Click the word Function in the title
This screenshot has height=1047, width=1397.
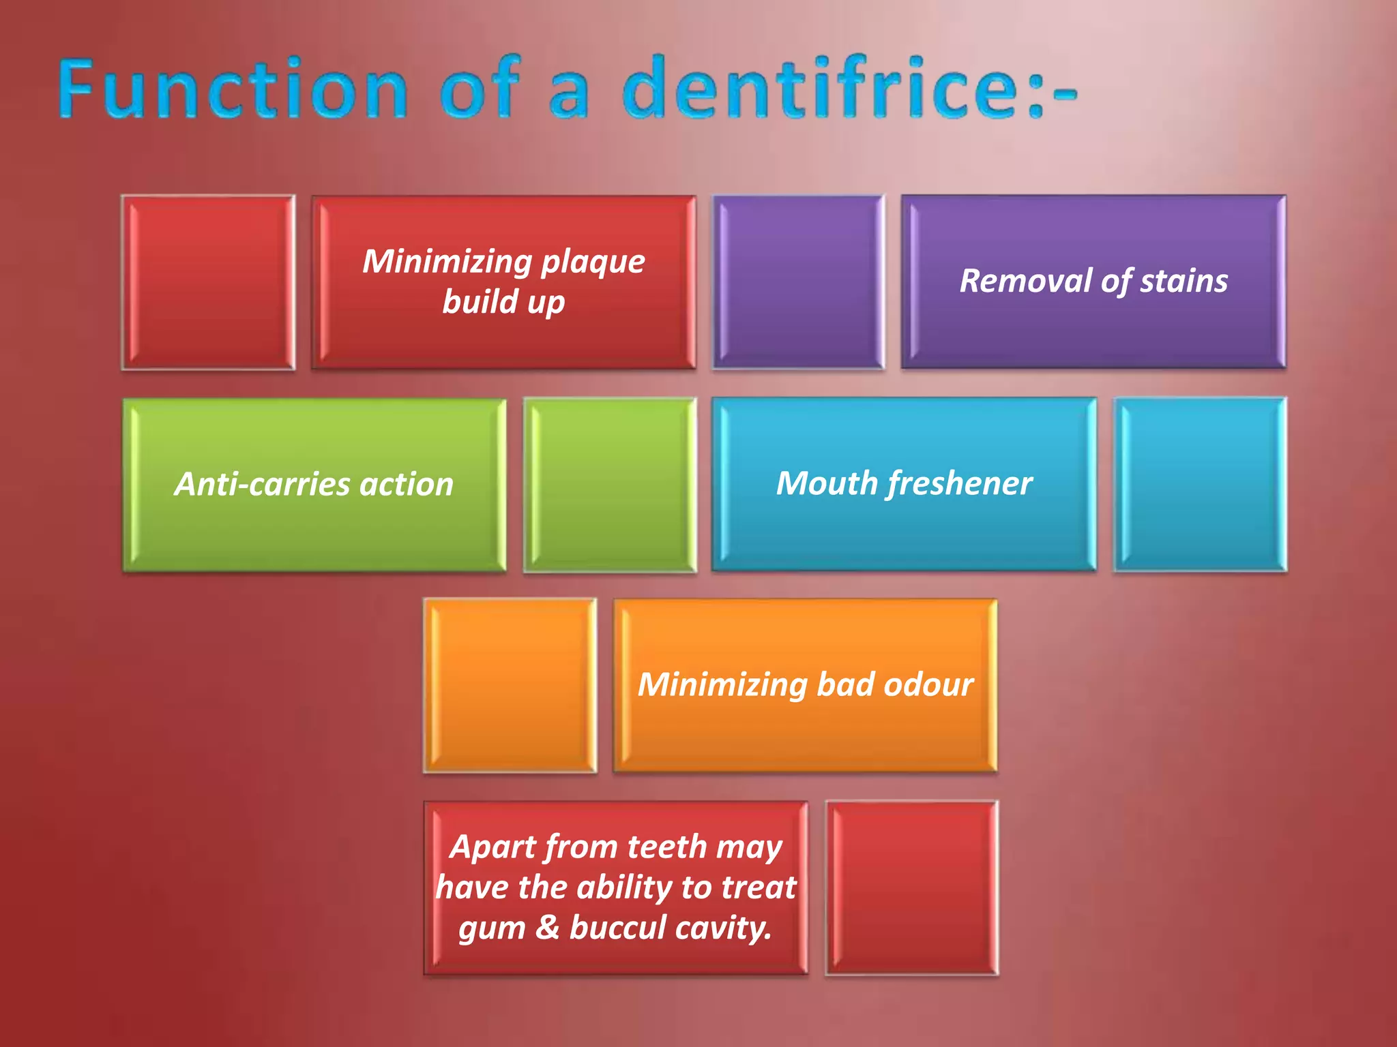[232, 89]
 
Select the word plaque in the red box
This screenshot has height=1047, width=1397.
[593, 262]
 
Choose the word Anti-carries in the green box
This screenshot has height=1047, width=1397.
[262, 485]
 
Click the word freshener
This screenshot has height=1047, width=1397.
[960, 484]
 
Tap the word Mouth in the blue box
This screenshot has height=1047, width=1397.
[827, 484]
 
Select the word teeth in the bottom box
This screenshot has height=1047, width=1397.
[666, 847]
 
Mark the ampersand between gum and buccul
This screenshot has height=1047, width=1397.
[547, 928]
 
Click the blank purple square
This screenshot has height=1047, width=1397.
[798, 282]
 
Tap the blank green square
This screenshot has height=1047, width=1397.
[610, 485]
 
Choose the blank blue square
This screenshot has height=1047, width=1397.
[1200, 484]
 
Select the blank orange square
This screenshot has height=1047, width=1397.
[510, 685]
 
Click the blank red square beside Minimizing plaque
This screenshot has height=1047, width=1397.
[208, 282]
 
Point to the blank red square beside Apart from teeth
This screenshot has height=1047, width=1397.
[911, 887]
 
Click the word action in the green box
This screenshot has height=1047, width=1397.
[407, 485]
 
